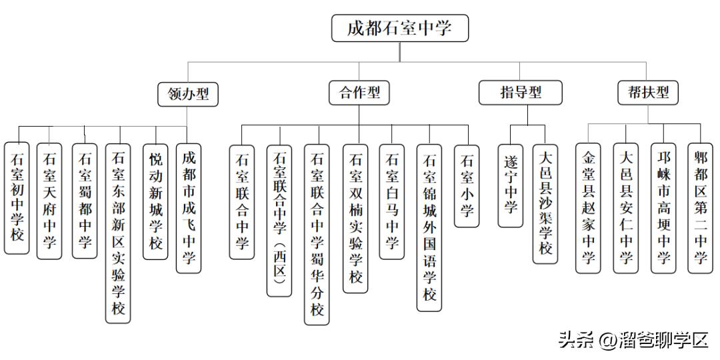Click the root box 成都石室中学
(400, 29)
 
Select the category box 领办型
(189, 93)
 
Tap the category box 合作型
(359, 93)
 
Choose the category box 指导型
(520, 93)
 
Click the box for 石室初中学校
(17, 197)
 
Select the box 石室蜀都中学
(85, 201)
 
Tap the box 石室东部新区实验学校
(119, 233)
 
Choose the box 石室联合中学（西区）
(279, 221)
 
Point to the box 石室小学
(467, 186)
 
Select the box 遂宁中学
(511, 186)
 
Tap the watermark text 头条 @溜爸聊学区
(633, 341)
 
